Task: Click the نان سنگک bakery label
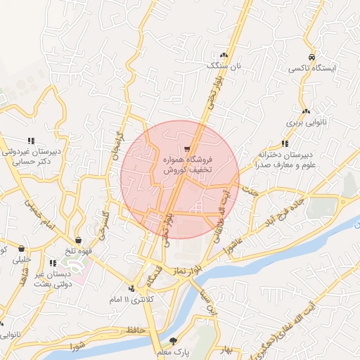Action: pyautogui.click(x=223, y=65)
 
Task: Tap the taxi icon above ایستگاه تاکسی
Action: pyautogui.click(x=311, y=58)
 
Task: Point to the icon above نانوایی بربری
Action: pyautogui.click(x=306, y=111)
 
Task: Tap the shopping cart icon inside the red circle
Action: pyautogui.click(x=187, y=148)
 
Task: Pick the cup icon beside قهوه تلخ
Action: pyautogui.click(x=78, y=239)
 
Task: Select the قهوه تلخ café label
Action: pyautogui.click(x=77, y=250)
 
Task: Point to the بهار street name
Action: pyautogui.click(x=225, y=349)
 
